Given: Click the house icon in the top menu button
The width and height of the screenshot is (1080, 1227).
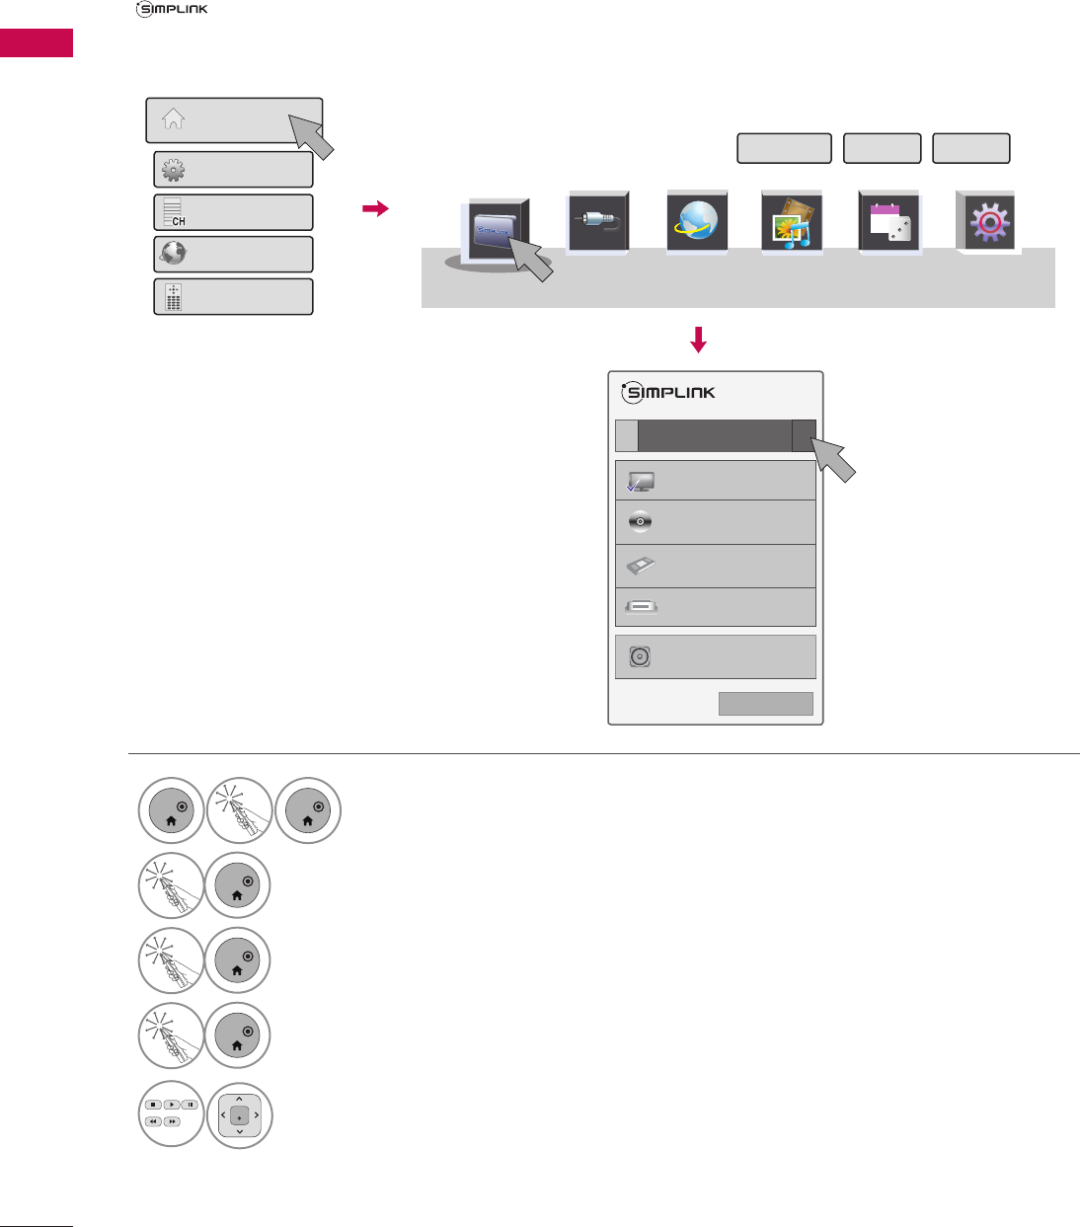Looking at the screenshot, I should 174,118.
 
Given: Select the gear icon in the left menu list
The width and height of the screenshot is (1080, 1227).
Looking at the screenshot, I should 174,170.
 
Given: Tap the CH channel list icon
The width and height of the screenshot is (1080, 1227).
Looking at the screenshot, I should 174,212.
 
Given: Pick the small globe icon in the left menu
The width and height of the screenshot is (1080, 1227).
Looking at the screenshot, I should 174,254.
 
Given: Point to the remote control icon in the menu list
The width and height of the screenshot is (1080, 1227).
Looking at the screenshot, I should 174,296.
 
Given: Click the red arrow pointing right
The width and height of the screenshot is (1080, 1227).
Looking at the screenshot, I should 375,208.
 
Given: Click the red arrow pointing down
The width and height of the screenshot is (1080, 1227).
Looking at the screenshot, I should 699,340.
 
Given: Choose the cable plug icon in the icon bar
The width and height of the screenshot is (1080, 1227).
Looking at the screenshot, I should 597,223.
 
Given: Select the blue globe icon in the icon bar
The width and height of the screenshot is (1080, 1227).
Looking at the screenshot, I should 696,222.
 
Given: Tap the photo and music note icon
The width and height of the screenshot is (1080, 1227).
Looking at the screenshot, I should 792,223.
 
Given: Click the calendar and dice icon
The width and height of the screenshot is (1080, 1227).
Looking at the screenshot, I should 889,223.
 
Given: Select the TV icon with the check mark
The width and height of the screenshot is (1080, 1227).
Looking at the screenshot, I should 640,483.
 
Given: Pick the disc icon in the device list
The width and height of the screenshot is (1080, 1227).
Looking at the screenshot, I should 640,521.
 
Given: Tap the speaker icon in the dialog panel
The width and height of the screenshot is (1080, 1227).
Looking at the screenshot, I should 640,656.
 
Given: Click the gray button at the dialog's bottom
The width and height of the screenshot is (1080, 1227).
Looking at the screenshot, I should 765,703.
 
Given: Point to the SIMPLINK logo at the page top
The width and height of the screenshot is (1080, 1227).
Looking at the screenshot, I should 172,10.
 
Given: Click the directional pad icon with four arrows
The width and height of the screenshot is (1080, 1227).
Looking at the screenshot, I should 239,1115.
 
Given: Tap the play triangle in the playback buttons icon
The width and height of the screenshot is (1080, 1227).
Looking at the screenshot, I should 171,1105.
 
